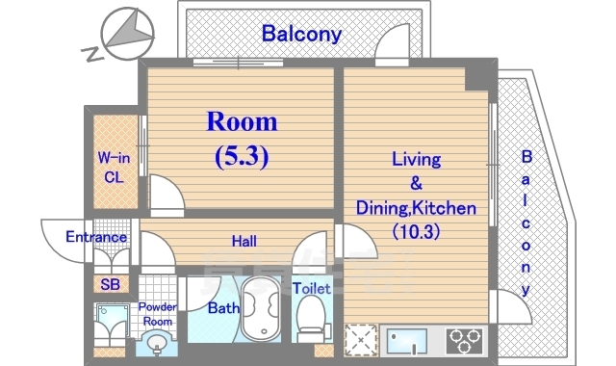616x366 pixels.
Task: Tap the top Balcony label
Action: coord(301,34)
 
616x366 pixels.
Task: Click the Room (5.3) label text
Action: coord(242,140)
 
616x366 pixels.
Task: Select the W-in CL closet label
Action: coord(114,168)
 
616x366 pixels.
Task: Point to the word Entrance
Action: coord(96,237)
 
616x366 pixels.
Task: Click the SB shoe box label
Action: coord(110,284)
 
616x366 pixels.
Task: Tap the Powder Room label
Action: coord(158,314)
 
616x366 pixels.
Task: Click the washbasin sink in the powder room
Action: coord(157,343)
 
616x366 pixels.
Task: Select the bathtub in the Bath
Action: coord(261,309)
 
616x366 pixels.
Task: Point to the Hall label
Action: coord(244,241)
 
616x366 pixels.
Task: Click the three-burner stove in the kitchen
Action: coord(465,340)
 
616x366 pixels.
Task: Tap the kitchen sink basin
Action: coord(407,341)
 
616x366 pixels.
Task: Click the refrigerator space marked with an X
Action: coord(361,340)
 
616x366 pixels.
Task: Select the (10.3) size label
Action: coord(416,231)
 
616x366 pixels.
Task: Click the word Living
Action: coord(417,159)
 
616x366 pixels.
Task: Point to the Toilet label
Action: coord(312,289)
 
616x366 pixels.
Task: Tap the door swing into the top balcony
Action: coord(392,44)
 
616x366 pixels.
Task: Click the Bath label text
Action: coord(223,308)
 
